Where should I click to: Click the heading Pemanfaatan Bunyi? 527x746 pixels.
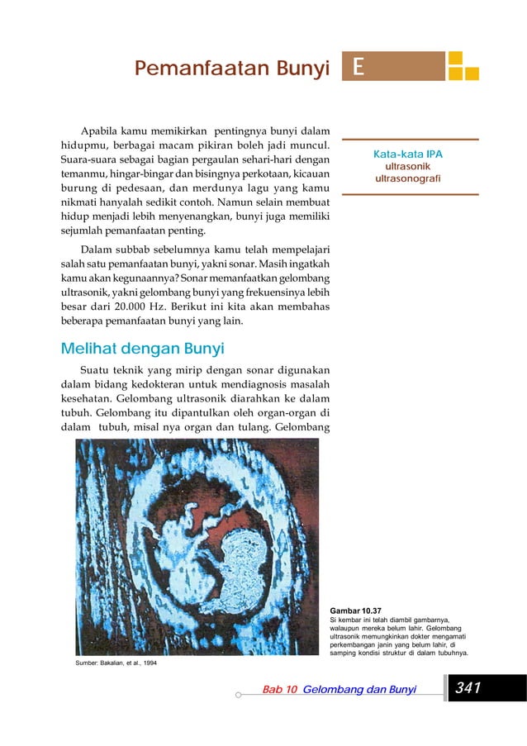point(232,68)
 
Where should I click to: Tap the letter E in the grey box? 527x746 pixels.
point(358,67)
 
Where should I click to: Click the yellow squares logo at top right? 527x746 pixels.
point(463,66)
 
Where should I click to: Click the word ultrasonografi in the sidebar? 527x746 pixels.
point(408,178)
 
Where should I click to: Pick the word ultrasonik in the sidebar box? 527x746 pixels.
point(408,167)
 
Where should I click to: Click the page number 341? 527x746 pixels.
point(468,688)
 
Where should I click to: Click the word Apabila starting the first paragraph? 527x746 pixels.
point(100,131)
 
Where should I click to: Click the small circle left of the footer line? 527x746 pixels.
point(238,696)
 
